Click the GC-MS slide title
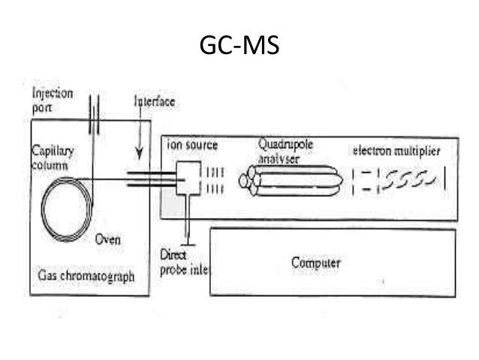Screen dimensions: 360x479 coord(239,45)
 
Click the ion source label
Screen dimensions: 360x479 coord(191,144)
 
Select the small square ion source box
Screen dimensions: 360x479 coord(188,179)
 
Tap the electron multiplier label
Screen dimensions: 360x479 coord(396,151)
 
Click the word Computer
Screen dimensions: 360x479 coord(315,263)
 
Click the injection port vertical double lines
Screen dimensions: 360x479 coord(93,114)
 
